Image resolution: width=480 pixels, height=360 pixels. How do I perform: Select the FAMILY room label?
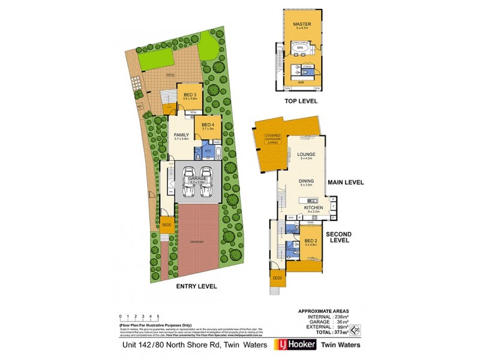pyautogui.click(x=182, y=135)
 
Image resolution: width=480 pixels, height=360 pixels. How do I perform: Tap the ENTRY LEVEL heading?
pyautogui.click(x=196, y=286)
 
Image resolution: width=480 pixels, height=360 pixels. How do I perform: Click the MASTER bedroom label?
pyautogui.click(x=300, y=25)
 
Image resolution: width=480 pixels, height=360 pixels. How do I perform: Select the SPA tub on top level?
pyautogui.click(x=300, y=46)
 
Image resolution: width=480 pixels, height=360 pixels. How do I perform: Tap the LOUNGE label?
pyautogui.click(x=305, y=154)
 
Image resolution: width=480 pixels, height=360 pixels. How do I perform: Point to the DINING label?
pyautogui.click(x=307, y=181)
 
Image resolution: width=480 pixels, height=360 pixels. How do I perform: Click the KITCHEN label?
pyautogui.click(x=313, y=207)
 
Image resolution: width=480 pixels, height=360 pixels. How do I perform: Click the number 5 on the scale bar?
pyautogui.click(x=158, y=315)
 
